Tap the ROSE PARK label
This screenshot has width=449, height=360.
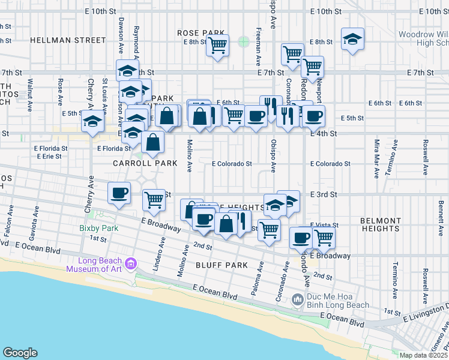pyautogui.click(x=200, y=32)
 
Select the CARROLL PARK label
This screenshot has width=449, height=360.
pyautogui.click(x=145, y=163)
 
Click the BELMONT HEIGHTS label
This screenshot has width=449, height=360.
pyautogui.click(x=381, y=224)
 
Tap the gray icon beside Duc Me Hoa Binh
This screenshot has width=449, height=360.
pyautogui.click(x=297, y=299)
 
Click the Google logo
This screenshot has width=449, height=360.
pyautogui.click(x=20, y=352)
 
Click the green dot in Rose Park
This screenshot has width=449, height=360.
pyautogui.click(x=243, y=41)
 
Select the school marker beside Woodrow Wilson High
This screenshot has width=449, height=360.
pyautogui.click(x=352, y=40)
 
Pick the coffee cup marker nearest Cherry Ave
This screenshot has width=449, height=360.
pyautogui.click(x=119, y=193)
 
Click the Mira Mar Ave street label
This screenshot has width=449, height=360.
pyautogui.click(x=377, y=159)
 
